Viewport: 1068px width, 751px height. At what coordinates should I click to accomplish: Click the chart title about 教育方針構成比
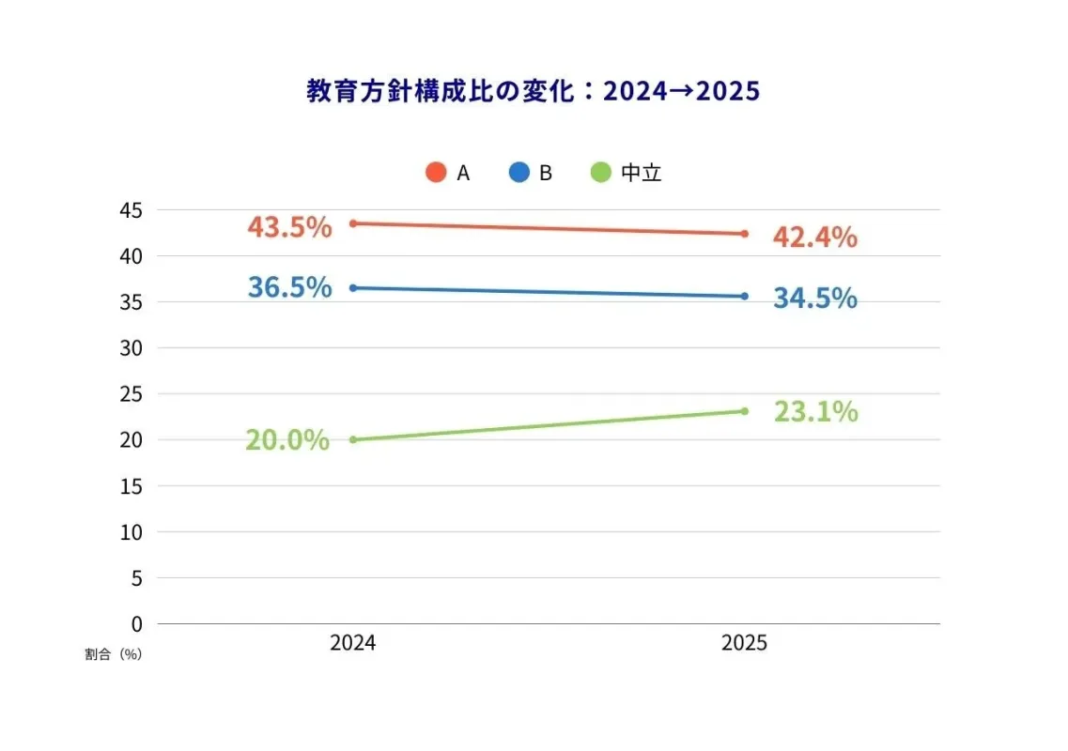coord(533,92)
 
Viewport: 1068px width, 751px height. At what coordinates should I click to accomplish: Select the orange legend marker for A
coord(436,173)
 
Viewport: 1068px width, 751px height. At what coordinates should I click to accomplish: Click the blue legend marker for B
coord(519,173)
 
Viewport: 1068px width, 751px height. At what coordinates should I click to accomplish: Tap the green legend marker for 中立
coord(601,173)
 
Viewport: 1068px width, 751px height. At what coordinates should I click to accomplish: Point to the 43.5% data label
coord(289,227)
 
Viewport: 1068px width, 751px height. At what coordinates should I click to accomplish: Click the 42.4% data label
coord(814,237)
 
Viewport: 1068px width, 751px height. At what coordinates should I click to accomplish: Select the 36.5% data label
coord(289,287)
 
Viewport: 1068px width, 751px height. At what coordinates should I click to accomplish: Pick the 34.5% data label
coord(814,298)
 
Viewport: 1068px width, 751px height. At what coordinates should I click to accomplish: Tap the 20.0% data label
coord(287,440)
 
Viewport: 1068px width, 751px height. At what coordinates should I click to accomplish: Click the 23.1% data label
coord(815,411)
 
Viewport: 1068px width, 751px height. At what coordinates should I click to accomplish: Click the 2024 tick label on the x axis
coord(352,644)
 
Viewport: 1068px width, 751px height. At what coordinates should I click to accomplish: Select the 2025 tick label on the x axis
coord(744,644)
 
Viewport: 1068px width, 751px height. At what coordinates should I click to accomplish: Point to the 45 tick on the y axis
coord(131,210)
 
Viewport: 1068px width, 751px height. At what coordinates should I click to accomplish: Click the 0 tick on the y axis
coord(136,623)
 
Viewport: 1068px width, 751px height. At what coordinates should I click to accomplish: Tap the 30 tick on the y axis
coord(131,348)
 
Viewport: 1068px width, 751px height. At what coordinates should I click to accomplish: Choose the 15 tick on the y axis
coord(131,485)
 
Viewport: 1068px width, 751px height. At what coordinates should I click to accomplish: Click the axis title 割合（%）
coord(113,654)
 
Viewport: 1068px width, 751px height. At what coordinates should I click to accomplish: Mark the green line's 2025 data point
coord(744,411)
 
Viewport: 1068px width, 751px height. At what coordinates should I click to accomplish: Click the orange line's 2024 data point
coord(352,223)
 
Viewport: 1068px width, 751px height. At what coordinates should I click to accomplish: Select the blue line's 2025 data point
coord(744,296)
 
